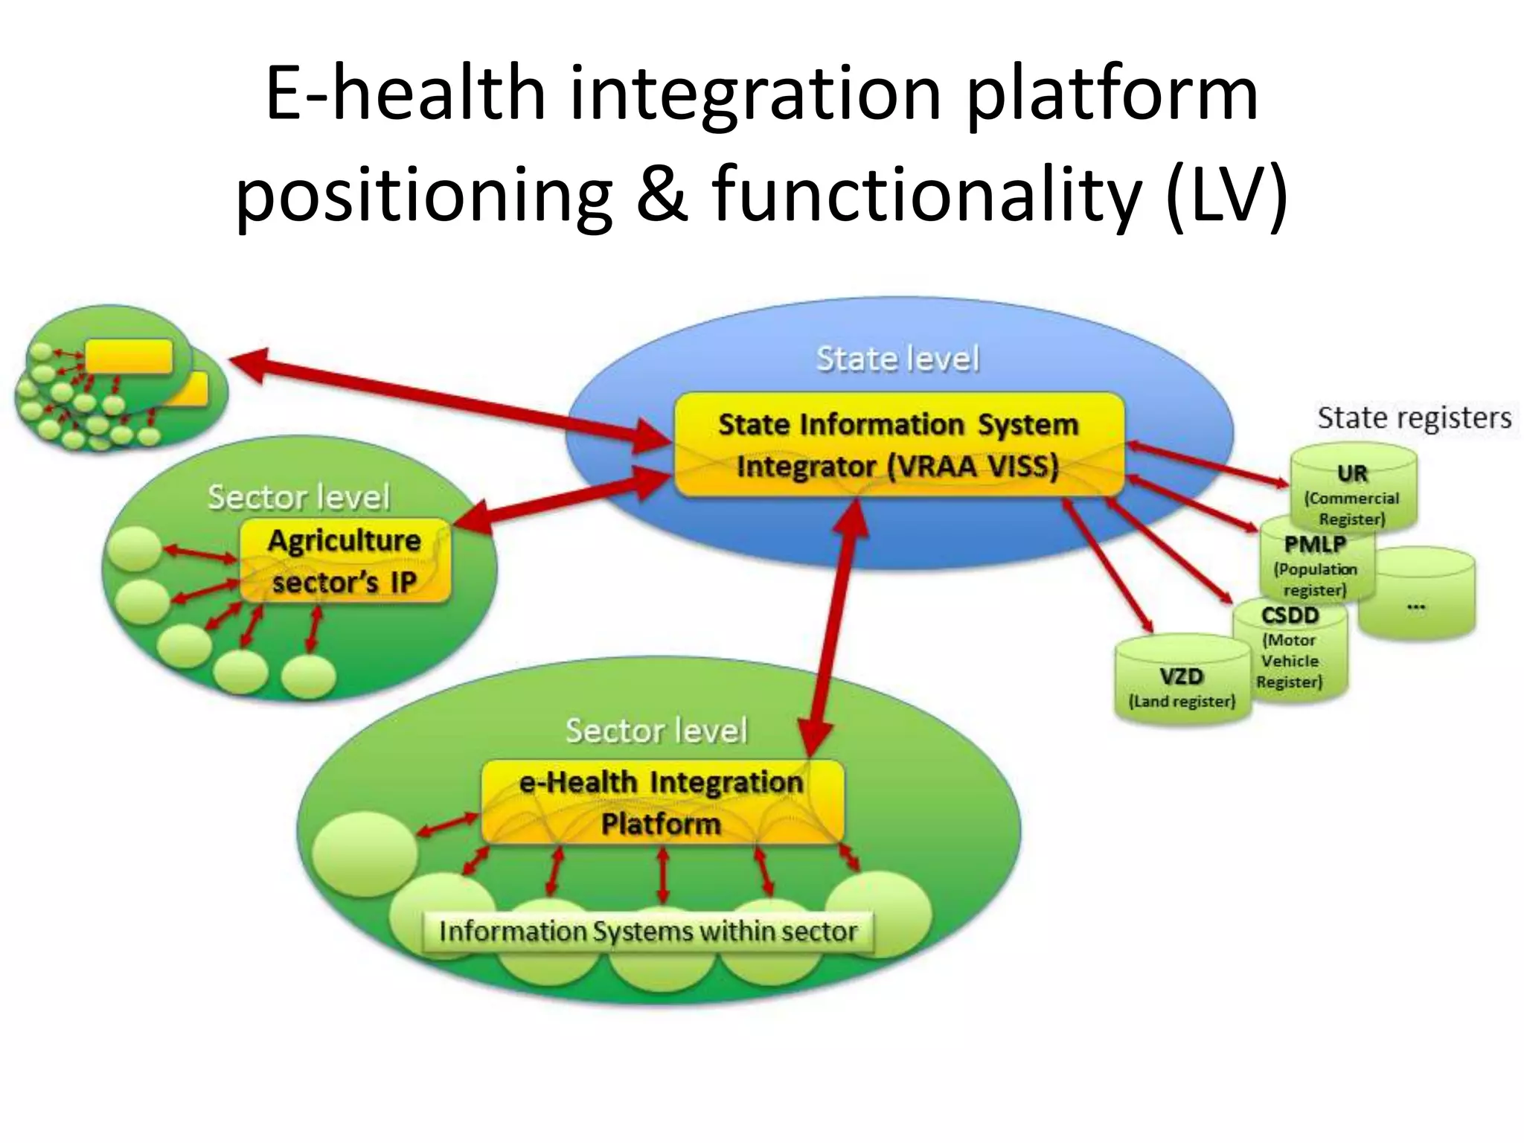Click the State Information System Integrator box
(x=898, y=445)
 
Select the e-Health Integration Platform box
(x=662, y=802)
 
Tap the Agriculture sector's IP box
(x=345, y=561)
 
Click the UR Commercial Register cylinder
(x=1353, y=491)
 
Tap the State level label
(x=898, y=359)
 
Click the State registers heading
(x=1414, y=417)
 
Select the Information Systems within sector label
(x=647, y=932)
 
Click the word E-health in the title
(x=406, y=95)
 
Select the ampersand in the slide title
(x=662, y=195)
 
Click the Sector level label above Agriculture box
(x=298, y=497)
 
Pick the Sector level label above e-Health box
(x=656, y=731)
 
